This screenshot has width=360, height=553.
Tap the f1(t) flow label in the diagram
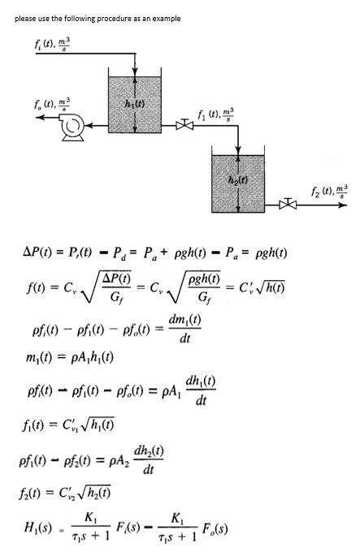(x=199, y=114)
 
